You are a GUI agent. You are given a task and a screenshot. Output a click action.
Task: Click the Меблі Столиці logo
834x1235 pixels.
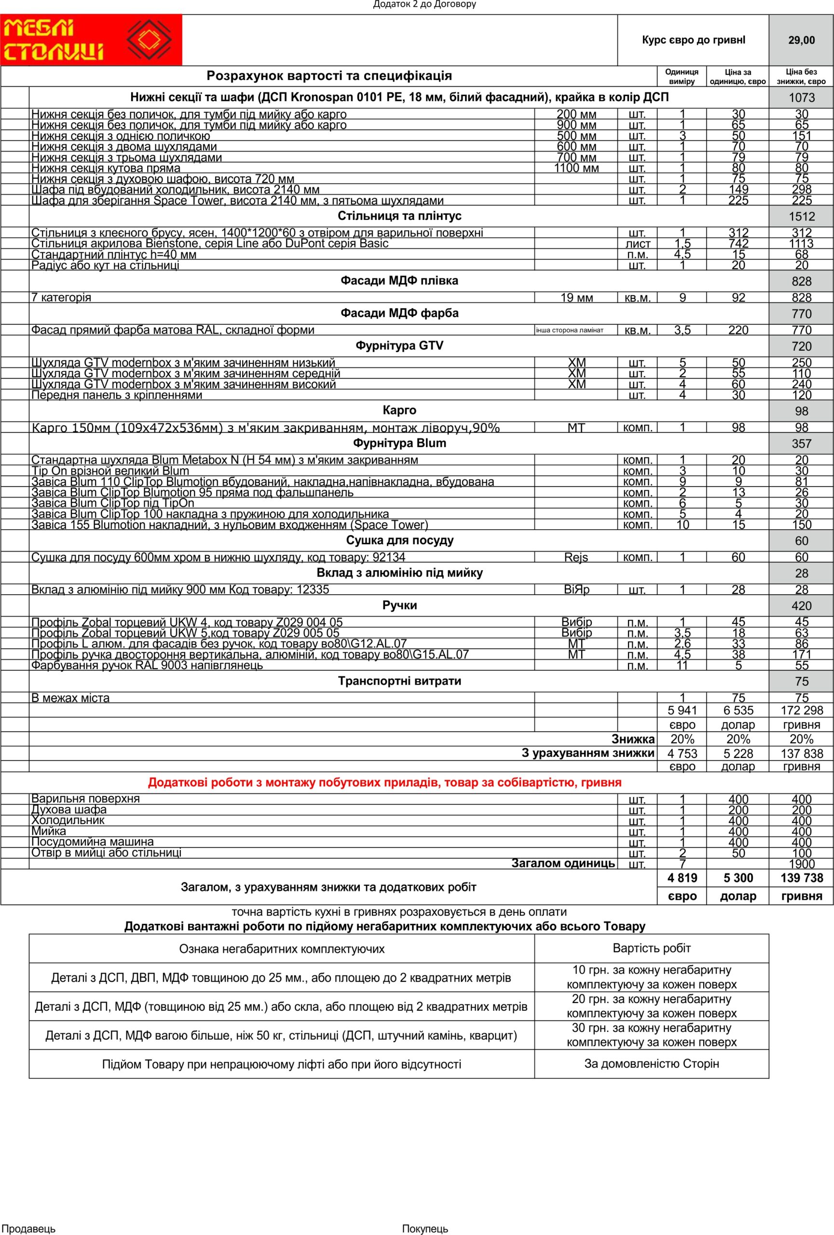pos(90,40)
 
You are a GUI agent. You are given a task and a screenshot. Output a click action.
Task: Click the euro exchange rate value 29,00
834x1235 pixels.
pos(801,41)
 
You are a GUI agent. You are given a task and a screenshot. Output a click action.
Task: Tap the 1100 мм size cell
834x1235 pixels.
pos(576,168)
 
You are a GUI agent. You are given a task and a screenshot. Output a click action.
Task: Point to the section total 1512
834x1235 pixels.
pos(801,217)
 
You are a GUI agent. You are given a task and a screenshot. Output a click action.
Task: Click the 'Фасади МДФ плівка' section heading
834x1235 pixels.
pos(399,281)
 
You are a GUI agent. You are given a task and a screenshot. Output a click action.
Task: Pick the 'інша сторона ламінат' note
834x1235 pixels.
pos(570,330)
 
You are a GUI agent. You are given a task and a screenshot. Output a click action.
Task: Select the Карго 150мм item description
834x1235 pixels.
pos(266,428)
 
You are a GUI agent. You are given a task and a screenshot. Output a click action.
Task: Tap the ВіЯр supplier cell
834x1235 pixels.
pos(576,590)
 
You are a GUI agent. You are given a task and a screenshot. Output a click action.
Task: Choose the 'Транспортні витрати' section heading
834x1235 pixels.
pos(399,681)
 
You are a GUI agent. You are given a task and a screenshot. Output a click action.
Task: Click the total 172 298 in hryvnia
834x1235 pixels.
pos(801,711)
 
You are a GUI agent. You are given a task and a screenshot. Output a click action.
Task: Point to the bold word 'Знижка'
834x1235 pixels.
pos(633,739)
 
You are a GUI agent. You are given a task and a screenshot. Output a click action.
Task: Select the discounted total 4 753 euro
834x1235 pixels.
pos(682,754)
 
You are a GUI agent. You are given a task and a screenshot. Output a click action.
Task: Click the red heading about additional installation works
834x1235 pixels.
pos(384,782)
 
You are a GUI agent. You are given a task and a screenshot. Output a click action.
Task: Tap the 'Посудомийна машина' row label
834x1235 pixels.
pos(93,842)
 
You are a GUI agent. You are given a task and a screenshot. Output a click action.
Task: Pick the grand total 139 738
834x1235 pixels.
pos(801,878)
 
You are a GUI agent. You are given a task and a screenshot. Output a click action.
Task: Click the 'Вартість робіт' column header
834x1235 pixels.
pos(651,948)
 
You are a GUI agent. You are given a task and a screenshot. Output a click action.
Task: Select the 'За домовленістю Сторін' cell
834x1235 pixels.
pos(651,1063)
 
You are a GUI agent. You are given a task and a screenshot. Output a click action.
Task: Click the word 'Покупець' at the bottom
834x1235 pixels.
pos(425,1229)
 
